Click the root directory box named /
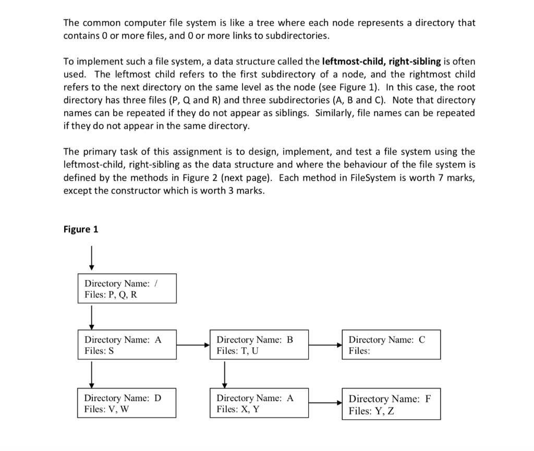point(127,288)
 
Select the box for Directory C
point(391,344)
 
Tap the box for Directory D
point(127,403)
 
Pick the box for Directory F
point(391,404)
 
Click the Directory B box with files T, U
point(259,344)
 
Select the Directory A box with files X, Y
point(259,403)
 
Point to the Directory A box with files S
point(127,344)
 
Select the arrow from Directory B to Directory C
point(325,345)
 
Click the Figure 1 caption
point(81,229)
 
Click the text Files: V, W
point(106,409)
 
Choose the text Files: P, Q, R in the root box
point(111,294)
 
